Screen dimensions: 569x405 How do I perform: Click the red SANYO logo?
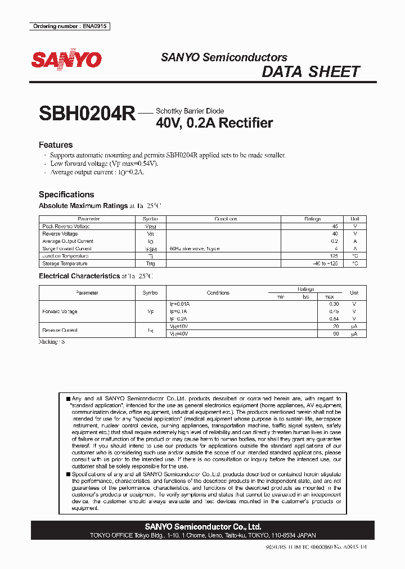click(x=66, y=60)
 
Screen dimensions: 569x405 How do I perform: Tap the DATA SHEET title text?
click(x=310, y=72)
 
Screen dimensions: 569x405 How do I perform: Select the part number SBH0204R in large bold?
click(x=87, y=114)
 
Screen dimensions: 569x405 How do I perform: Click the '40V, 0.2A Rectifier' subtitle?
click(x=214, y=123)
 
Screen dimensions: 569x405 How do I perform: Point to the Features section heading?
click(x=56, y=145)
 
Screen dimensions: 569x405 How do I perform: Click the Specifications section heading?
click(x=66, y=195)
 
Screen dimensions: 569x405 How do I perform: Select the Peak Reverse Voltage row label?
click(x=66, y=226)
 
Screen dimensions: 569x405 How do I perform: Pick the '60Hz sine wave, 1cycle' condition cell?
click(x=195, y=248)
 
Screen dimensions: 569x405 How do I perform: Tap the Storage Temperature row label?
click(x=65, y=263)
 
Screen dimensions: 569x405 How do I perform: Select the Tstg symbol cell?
click(x=151, y=263)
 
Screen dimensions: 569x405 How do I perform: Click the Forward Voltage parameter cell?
click(x=60, y=311)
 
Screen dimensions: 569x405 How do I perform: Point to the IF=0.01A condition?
click(x=180, y=304)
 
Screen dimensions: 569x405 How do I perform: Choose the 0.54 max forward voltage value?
click(x=334, y=319)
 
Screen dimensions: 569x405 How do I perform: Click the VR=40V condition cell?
click(x=179, y=334)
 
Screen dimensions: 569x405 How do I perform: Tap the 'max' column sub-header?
click(x=330, y=296)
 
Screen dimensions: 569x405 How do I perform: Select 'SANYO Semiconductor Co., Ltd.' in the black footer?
click(x=202, y=527)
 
